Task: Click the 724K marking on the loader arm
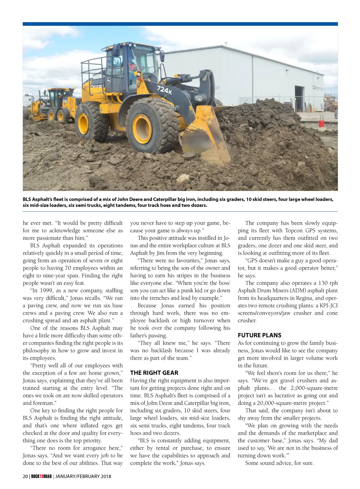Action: [164, 90]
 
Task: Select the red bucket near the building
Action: [321, 123]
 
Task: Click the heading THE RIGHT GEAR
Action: [154, 373]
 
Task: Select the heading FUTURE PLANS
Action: [259, 335]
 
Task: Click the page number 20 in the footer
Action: [25, 476]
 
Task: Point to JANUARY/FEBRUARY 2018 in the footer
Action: [83, 476]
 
